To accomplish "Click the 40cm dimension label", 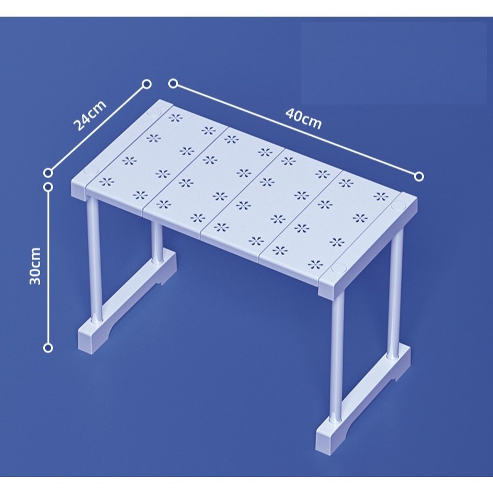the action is [x=304, y=118].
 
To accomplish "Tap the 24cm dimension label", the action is [x=89, y=115].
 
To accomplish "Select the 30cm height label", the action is [x=35, y=266].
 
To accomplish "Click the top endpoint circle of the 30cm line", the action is [x=48, y=187].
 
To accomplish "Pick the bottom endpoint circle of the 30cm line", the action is [x=48, y=348].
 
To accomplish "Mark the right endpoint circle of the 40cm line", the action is [x=419, y=177].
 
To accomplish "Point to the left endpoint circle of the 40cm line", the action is [x=173, y=84].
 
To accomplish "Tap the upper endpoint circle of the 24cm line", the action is [x=147, y=84].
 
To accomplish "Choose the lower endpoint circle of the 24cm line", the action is [x=48, y=173].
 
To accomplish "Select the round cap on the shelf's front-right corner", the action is [x=338, y=269].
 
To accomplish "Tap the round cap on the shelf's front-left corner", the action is [x=91, y=171].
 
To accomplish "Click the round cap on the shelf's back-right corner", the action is [x=399, y=206].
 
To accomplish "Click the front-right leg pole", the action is [x=337, y=356].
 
